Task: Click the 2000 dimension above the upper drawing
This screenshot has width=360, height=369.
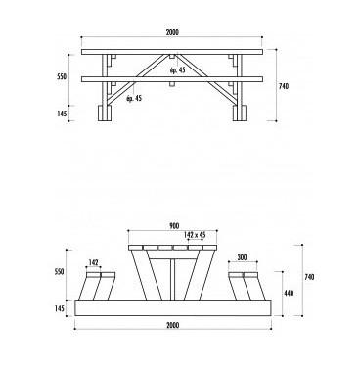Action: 172,32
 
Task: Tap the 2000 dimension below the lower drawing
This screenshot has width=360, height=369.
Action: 173,325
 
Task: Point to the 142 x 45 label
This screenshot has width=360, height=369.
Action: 195,235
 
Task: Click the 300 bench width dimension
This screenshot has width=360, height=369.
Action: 243,257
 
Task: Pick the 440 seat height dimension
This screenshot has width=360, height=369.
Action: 289,293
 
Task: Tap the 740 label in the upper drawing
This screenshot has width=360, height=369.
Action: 284,86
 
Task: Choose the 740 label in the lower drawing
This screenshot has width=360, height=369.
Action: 309,277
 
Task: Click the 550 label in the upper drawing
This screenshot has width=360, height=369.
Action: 62,76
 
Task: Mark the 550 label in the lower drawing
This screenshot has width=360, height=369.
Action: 60,271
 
